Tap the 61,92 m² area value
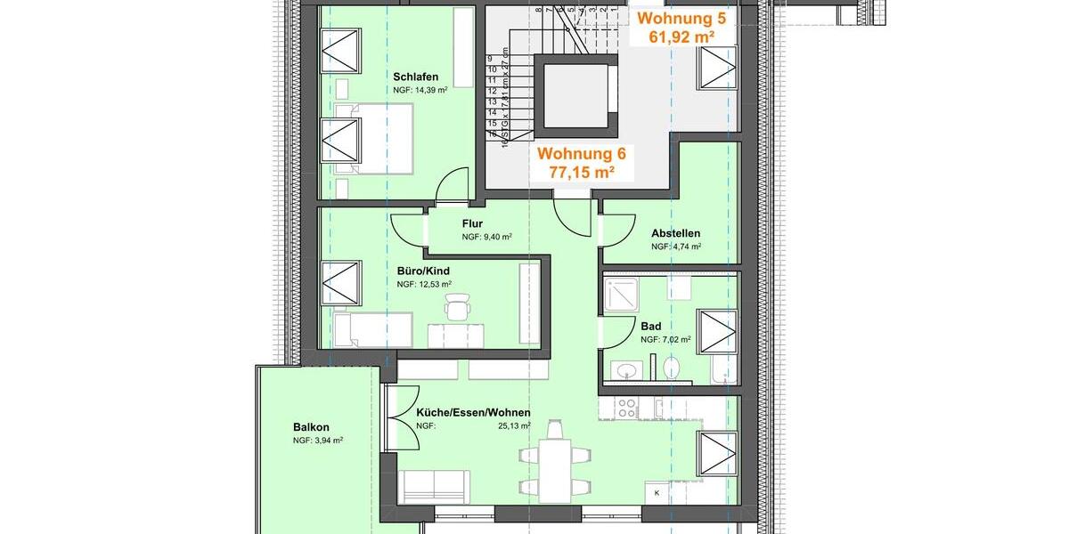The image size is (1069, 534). [x=681, y=36]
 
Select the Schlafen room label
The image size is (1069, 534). [x=416, y=77]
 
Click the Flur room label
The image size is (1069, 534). [x=472, y=223]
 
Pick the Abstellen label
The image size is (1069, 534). [x=675, y=233]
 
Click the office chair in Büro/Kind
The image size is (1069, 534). [x=457, y=308]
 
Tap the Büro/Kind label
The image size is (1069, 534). [x=423, y=271]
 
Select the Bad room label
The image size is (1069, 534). [x=650, y=326]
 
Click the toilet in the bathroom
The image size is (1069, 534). [x=672, y=367]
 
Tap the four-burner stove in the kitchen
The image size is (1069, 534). [x=626, y=407]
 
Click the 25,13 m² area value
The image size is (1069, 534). [x=514, y=426]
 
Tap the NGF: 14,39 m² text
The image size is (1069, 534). [x=420, y=91]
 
